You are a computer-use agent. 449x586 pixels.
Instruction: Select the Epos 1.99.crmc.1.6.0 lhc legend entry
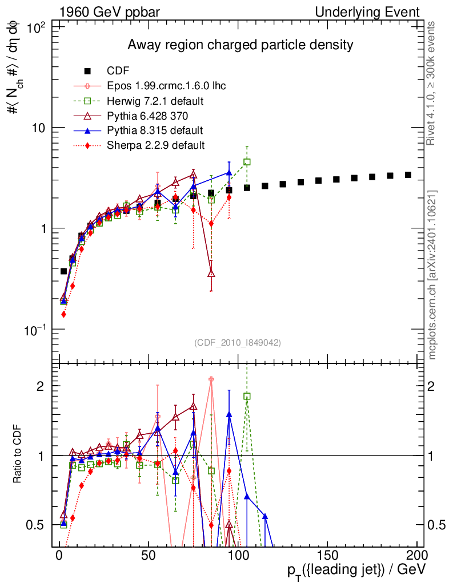tap(166, 86)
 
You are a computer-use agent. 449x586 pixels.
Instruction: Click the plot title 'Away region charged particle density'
tap(240, 45)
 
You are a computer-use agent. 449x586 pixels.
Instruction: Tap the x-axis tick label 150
tap(328, 556)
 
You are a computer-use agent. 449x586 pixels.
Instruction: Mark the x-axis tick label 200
tap(417, 556)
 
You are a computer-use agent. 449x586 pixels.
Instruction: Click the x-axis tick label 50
tap(149, 556)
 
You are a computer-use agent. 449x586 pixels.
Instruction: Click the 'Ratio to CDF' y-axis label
tap(18, 456)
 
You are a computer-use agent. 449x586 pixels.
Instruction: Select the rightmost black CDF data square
tap(408, 175)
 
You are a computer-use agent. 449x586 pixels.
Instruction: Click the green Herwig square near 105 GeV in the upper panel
tap(247, 162)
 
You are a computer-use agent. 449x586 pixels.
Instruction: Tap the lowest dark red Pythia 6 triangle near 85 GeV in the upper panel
tap(211, 274)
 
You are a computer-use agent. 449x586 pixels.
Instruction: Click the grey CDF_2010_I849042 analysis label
tap(238, 342)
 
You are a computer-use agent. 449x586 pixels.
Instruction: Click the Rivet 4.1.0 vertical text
tap(433, 83)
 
